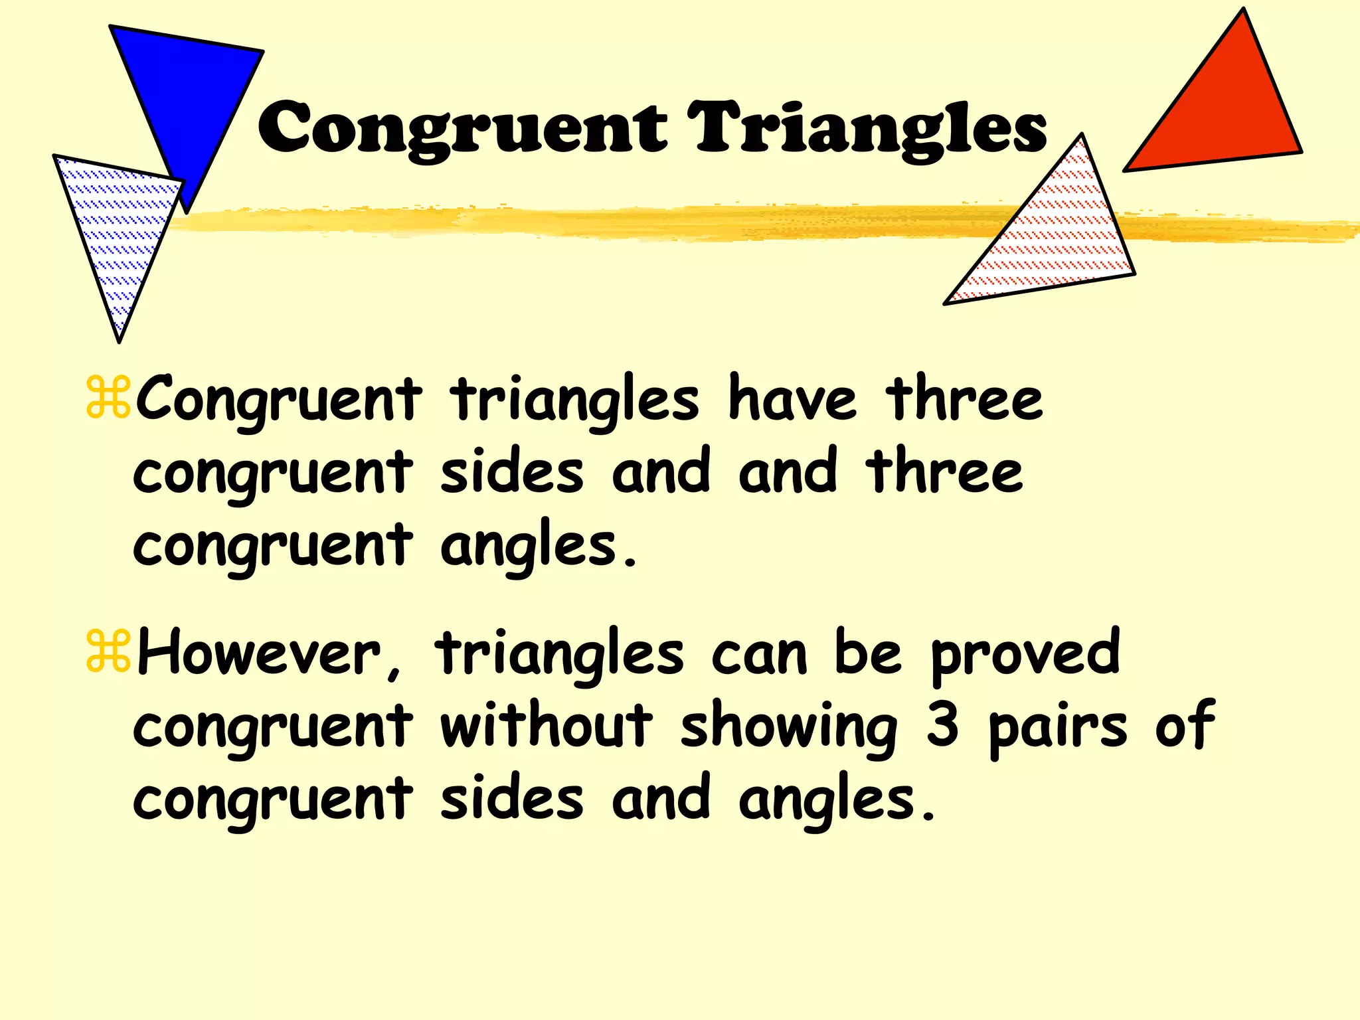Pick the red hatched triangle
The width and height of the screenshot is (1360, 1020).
point(1056,239)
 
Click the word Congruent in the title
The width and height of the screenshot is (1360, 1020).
point(462,127)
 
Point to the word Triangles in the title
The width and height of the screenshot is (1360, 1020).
point(867,127)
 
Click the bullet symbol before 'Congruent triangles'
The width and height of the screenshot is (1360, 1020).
point(108,398)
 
